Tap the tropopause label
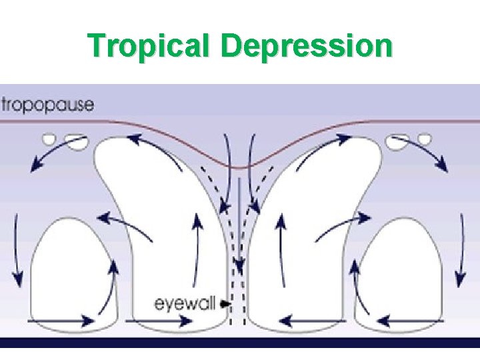[47, 105]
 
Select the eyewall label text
[185, 304]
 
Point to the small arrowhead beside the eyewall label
[225, 303]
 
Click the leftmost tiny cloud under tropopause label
[49, 139]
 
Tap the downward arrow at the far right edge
[460, 267]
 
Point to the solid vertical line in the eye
[239, 220]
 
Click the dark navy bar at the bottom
[240, 342]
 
